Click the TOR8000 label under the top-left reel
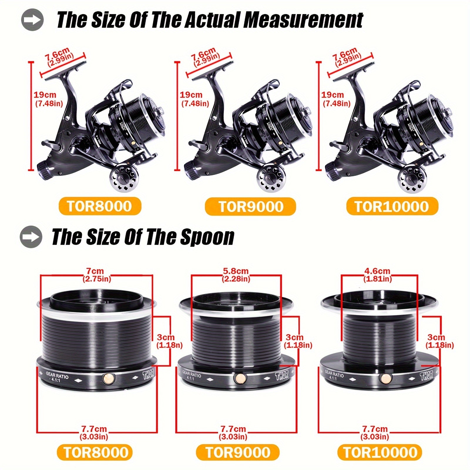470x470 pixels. (x=100, y=206)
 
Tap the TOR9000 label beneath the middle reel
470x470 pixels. (x=251, y=207)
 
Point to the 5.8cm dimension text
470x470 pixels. (x=236, y=271)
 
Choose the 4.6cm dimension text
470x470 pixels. (x=377, y=271)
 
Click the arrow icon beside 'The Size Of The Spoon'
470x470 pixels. (x=31, y=236)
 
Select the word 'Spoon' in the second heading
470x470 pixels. (x=207, y=237)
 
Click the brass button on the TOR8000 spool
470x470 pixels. (x=109, y=378)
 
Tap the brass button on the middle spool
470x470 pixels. (x=240, y=378)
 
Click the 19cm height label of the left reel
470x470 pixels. (x=45, y=95)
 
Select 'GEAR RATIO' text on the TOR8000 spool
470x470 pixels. (x=57, y=375)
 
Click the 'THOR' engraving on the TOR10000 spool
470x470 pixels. (x=426, y=376)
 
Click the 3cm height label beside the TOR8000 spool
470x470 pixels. (x=166, y=337)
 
